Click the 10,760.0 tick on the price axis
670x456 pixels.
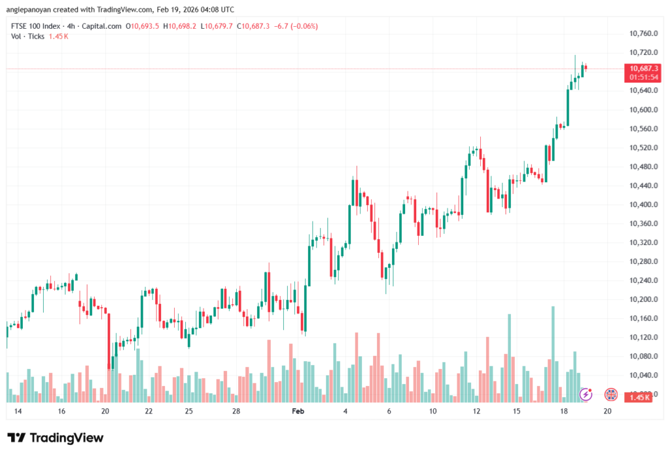pos(643,33)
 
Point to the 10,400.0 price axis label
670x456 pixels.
pos(643,205)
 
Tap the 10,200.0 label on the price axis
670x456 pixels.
pos(643,299)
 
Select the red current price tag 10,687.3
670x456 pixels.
pos(644,68)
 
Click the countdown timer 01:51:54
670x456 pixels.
pos(644,77)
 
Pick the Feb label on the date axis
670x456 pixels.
pos(298,411)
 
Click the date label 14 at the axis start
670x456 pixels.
pos(18,411)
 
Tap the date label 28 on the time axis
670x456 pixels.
pos(236,411)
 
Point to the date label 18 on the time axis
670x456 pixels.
pos(563,411)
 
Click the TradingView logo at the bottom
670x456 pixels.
pos(56,438)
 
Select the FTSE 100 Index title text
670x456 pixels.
pos(37,26)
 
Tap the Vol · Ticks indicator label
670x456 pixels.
pos(28,36)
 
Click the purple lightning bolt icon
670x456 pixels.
pos(587,394)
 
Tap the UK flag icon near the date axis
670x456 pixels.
pos(611,394)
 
